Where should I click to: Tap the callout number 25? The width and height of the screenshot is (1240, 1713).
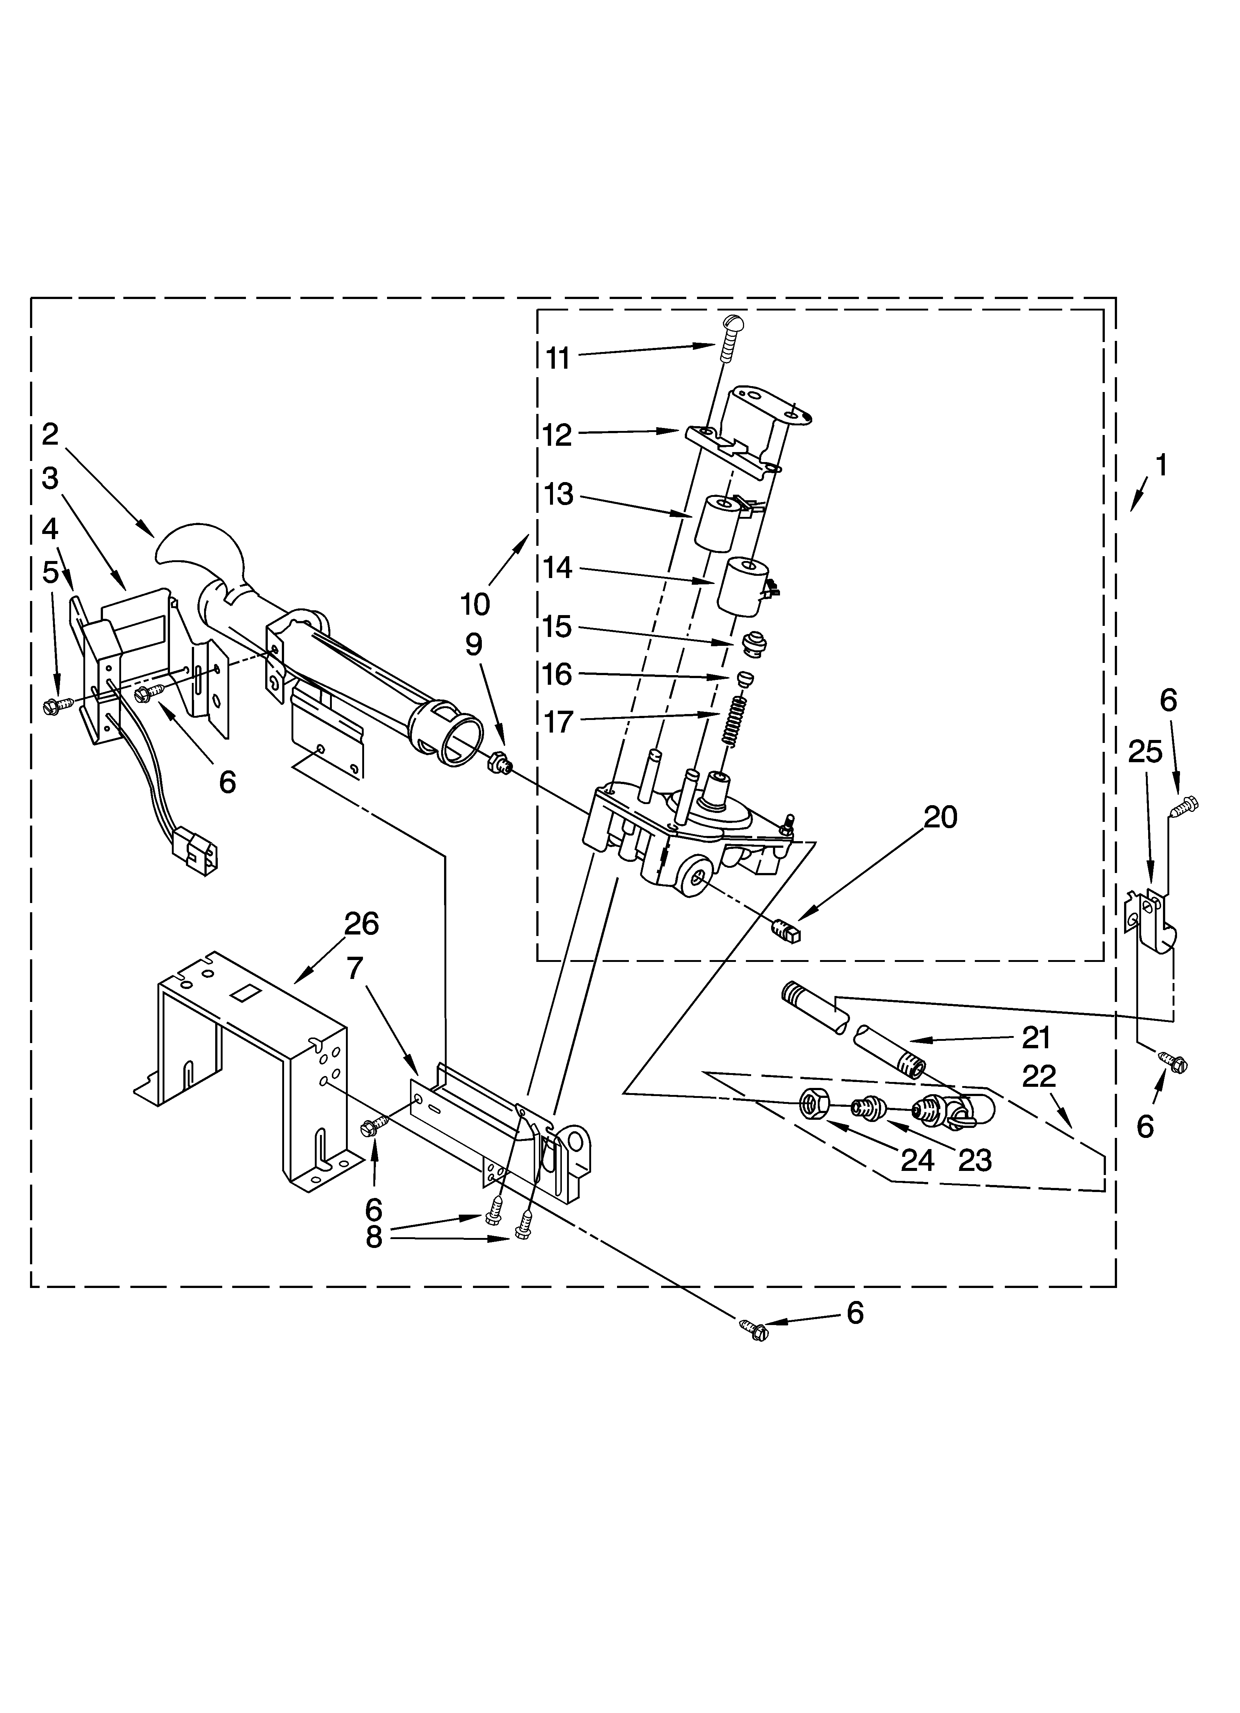coord(1145,752)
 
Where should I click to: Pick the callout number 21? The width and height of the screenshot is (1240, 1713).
coord(1036,1038)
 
